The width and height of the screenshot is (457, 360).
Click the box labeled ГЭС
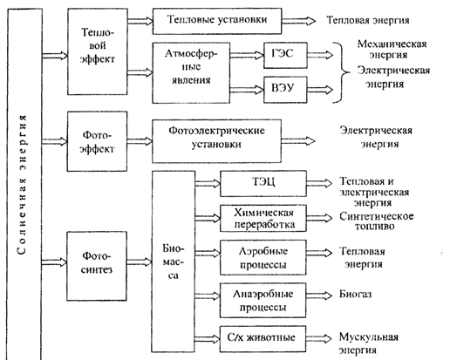pyautogui.click(x=285, y=55)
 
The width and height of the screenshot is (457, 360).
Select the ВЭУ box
pyautogui.click(x=285, y=90)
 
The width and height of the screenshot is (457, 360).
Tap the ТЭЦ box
pyautogui.click(x=263, y=184)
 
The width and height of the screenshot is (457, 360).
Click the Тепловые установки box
pyautogui.click(x=217, y=21)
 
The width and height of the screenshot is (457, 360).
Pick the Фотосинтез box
pyautogui.click(x=97, y=266)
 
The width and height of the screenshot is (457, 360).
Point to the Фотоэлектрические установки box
pyautogui.click(x=216, y=140)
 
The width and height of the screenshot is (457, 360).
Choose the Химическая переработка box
pyautogui.click(x=263, y=218)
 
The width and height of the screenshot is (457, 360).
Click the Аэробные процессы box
pyautogui.click(x=263, y=257)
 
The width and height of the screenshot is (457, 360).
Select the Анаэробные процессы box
pyautogui.click(x=263, y=301)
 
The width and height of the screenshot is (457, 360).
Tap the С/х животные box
pyautogui.click(x=263, y=339)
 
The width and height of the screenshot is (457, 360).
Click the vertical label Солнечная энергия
pyautogui.click(x=22, y=185)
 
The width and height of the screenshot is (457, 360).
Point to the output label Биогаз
pyautogui.click(x=355, y=294)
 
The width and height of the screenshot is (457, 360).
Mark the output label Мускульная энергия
pyautogui.click(x=368, y=343)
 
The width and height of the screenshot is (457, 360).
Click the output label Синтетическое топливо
pyautogui.click(x=376, y=221)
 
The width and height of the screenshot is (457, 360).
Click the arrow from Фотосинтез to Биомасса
pyautogui.click(x=140, y=262)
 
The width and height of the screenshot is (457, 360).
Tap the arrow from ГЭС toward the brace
pyautogui.click(x=320, y=55)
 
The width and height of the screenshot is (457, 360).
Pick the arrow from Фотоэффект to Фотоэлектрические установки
pyautogui.click(x=140, y=141)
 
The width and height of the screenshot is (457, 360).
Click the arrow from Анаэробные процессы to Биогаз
pyautogui.click(x=319, y=295)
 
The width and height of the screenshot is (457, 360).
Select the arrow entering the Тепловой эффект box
pyautogui.click(x=55, y=55)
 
